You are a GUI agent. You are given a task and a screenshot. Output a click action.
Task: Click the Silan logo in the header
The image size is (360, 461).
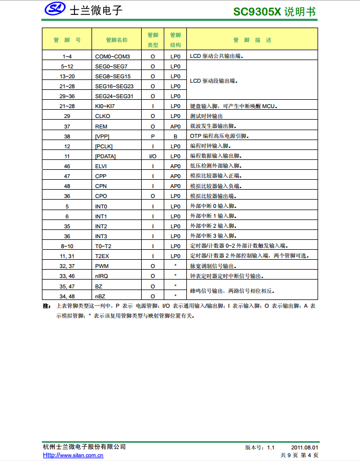coord(55,9)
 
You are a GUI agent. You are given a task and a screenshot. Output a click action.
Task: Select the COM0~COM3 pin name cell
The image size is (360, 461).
coord(112,56)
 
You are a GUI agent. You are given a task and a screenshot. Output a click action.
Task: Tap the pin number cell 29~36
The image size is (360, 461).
coord(67,96)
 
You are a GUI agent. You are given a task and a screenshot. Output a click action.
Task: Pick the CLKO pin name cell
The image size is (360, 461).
coord(103,116)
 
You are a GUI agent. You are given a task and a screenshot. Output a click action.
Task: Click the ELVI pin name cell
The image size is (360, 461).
coord(101,166)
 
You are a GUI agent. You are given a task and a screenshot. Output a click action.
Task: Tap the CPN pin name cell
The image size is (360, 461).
coord(101,186)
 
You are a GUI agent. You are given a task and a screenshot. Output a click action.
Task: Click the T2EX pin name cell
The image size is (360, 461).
coord(102,256)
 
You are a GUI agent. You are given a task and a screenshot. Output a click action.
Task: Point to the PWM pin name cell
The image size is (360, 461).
coord(101,266)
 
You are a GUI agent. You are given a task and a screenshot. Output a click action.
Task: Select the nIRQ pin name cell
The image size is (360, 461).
coord(101,276)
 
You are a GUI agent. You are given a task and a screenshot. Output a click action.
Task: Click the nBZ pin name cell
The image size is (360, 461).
coord(100,296)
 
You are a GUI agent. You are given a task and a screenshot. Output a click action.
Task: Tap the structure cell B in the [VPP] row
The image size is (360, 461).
coord(175,136)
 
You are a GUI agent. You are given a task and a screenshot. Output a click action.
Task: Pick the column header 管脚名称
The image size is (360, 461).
coord(117,40)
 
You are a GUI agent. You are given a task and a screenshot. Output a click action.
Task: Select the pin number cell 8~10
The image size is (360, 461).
coord(67,246)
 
